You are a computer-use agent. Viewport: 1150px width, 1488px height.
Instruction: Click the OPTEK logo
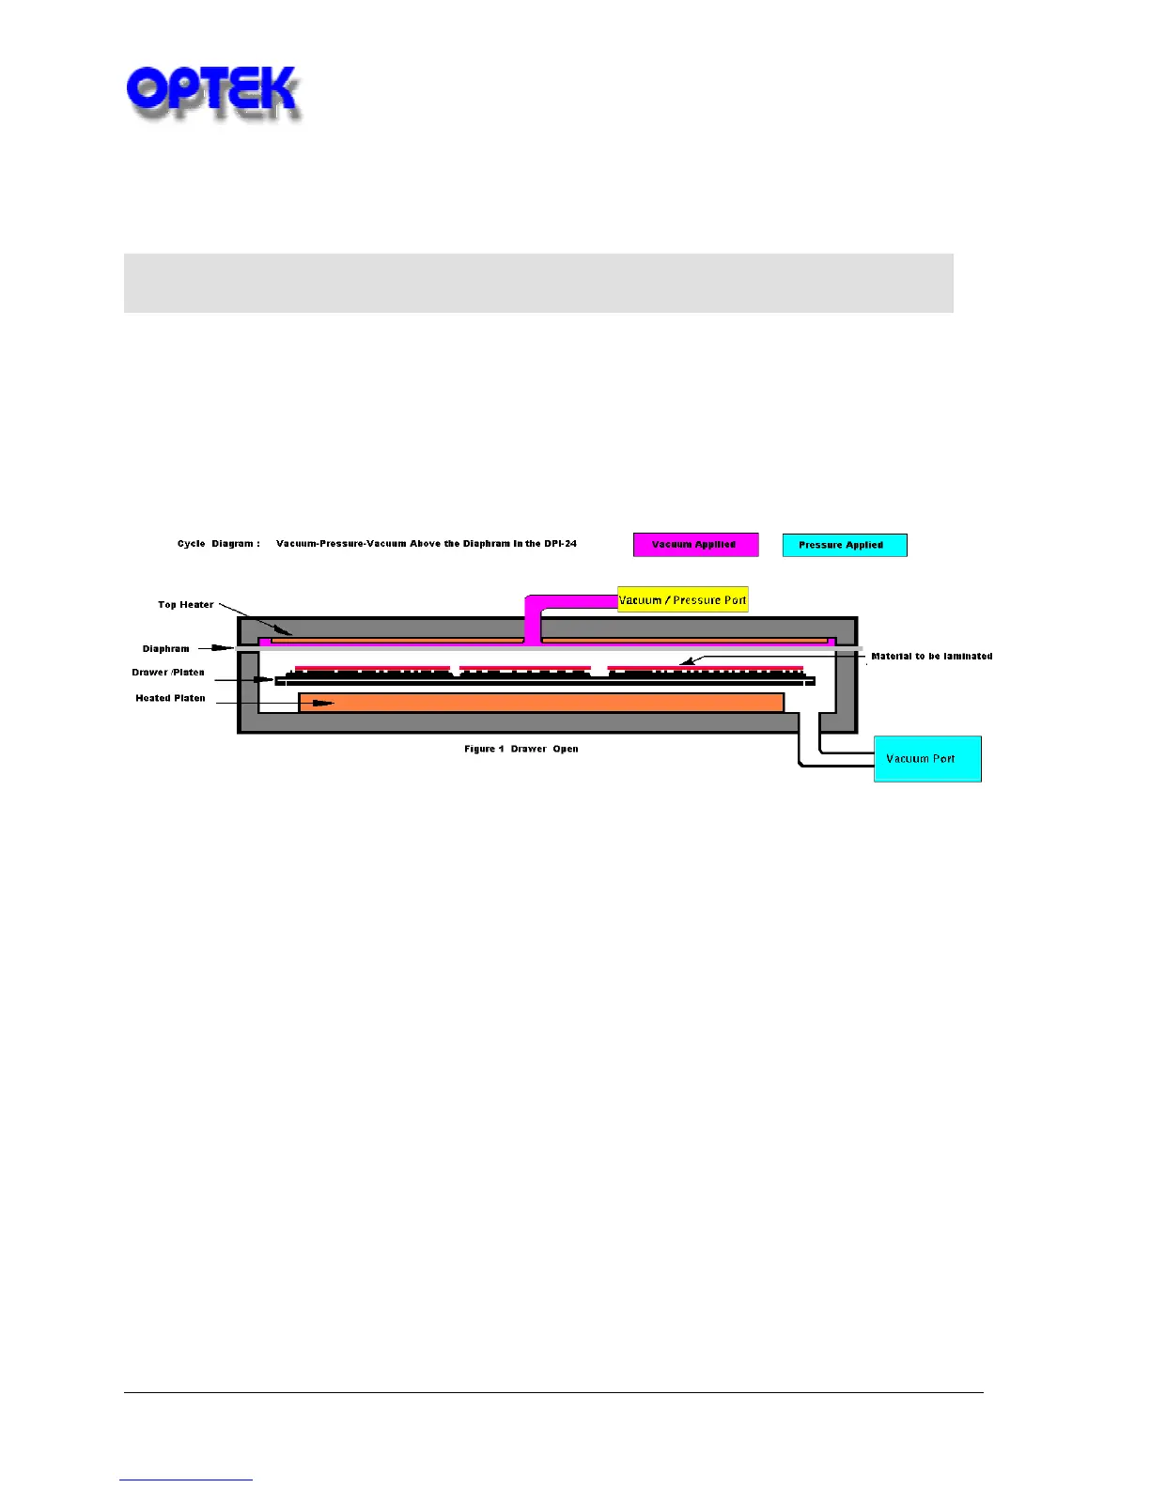[x=212, y=92]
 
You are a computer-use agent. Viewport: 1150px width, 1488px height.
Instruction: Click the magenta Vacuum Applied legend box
[x=695, y=545]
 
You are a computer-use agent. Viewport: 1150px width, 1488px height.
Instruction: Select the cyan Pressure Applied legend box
[x=844, y=545]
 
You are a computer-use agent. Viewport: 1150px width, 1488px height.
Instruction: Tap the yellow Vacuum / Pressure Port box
[x=682, y=600]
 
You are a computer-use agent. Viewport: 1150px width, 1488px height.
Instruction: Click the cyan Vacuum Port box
[x=926, y=759]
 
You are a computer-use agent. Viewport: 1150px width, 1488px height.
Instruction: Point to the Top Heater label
[x=185, y=605]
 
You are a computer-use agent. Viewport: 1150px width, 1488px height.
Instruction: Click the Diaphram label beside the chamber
[x=165, y=649]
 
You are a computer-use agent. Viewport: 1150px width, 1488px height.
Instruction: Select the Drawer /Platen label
[x=168, y=673]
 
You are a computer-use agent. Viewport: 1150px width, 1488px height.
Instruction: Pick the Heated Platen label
[x=170, y=698]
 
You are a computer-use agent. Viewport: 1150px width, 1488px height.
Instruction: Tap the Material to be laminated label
[x=931, y=657]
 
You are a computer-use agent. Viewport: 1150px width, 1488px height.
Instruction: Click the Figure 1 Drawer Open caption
[x=521, y=749]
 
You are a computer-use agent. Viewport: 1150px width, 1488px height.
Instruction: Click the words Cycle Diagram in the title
[x=218, y=544]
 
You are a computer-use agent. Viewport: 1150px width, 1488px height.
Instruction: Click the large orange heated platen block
[x=541, y=703]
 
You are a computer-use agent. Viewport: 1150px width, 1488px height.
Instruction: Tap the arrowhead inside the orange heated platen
[x=324, y=703]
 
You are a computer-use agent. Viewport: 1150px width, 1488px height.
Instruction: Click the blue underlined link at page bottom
[x=186, y=1480]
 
